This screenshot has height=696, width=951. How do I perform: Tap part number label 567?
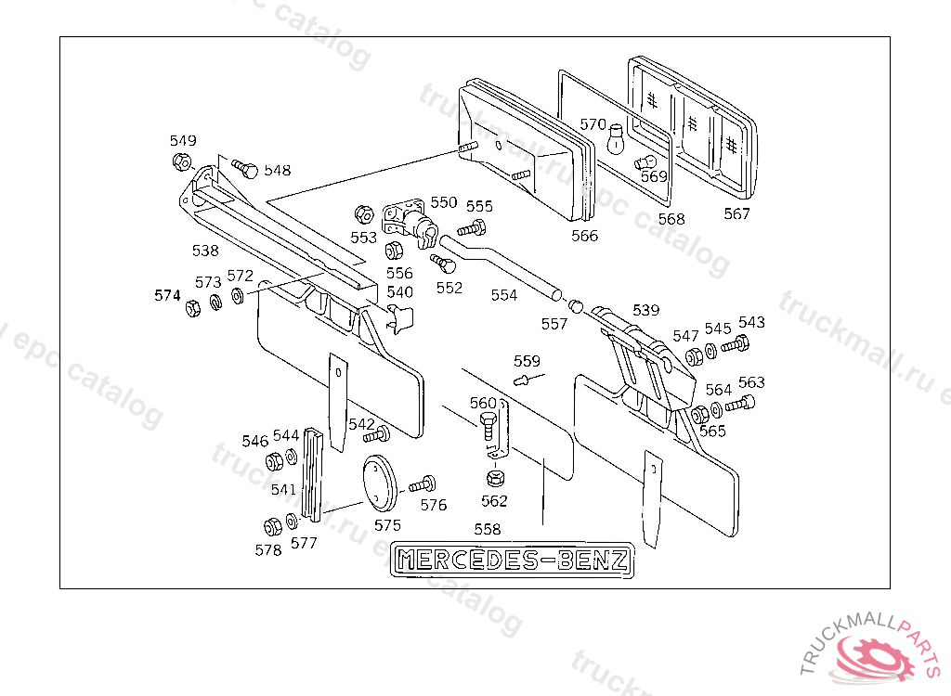click(x=736, y=213)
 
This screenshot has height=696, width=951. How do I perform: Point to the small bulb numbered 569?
click(x=642, y=163)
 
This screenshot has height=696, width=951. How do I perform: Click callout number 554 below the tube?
click(x=504, y=295)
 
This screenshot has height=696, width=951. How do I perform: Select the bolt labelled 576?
click(x=423, y=484)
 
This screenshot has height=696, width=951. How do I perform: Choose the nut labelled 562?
click(x=495, y=479)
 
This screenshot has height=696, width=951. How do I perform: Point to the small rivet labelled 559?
click(x=524, y=379)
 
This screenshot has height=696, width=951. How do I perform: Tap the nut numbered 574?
click(x=194, y=307)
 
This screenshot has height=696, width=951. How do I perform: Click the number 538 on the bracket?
click(x=205, y=250)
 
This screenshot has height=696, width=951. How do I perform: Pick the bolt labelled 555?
click(x=473, y=227)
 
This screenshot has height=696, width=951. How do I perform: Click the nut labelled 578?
click(x=273, y=526)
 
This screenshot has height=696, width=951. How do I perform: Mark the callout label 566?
click(x=585, y=236)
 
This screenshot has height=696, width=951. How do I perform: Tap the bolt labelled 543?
click(x=734, y=344)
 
